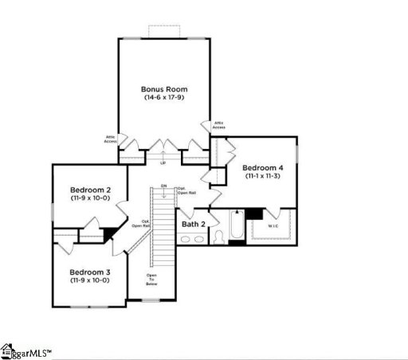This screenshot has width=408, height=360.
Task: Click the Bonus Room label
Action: [163, 89]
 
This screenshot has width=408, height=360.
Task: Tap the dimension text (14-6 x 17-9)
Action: [163, 98]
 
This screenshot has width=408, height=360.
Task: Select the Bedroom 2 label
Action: [89, 190]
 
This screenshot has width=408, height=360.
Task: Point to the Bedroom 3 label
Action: [89, 272]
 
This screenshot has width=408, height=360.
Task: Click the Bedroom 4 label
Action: [262, 167]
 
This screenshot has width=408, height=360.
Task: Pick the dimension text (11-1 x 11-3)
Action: [262, 176]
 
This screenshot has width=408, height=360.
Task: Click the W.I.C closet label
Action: [273, 225]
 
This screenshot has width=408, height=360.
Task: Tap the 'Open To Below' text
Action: [151, 279]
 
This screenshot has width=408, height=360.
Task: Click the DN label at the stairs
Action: [163, 186]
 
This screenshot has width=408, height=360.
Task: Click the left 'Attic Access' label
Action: [111, 139]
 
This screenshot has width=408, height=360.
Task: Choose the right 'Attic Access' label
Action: [218, 125]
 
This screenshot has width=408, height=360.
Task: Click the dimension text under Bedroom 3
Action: [89, 280]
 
